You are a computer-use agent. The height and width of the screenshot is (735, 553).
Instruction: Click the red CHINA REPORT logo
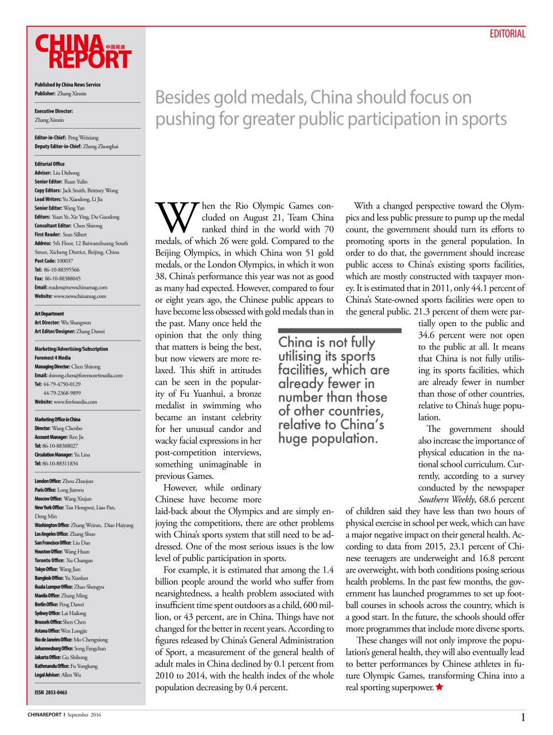[83, 52]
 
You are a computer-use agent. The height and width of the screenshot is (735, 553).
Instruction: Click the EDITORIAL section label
[507, 34]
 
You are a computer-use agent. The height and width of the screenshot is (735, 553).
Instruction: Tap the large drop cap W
[177, 218]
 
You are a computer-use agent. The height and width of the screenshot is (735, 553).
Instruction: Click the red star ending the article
[439, 687]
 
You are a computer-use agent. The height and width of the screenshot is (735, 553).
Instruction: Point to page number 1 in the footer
[523, 717]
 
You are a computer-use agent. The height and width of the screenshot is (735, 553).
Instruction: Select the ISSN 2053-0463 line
[50, 693]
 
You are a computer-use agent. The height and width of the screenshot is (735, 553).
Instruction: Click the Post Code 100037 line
[54, 261]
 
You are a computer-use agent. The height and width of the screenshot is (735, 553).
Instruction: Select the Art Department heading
[49, 314]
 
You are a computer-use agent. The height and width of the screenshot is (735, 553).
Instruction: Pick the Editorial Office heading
[49, 164]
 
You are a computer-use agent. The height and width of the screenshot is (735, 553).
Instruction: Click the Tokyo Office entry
[57, 569]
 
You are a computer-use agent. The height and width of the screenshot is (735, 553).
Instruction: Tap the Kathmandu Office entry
[66, 666]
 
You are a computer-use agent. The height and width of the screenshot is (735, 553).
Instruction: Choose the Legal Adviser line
[57, 675]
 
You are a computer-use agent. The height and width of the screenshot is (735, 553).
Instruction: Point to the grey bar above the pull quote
[340, 331]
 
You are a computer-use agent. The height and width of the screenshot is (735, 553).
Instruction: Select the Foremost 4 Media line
[53, 357]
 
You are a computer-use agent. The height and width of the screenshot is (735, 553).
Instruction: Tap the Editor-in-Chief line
[67, 138]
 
